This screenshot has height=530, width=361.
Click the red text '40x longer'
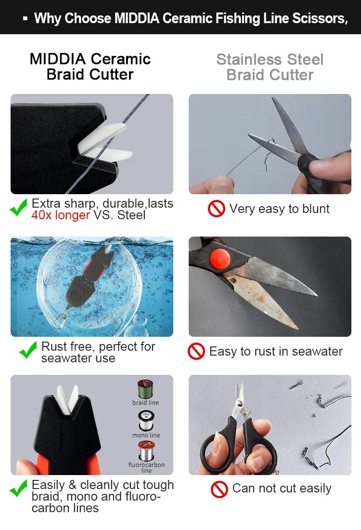point(61,215)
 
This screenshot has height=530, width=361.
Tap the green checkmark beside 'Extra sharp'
point(19,209)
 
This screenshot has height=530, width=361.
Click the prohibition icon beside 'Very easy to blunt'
point(217,209)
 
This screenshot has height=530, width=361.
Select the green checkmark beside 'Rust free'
point(28,350)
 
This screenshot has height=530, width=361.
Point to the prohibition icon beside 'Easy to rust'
point(196,352)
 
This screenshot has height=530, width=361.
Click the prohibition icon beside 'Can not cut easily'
point(219,489)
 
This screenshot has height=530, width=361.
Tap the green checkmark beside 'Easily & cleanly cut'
point(19,489)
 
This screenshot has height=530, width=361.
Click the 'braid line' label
point(145,403)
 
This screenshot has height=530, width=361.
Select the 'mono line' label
point(146,436)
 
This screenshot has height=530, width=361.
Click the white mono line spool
point(145,420)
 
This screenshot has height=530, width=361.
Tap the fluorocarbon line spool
point(146,451)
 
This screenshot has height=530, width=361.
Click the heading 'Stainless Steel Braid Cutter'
point(270,67)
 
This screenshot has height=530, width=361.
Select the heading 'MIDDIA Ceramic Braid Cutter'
point(90,66)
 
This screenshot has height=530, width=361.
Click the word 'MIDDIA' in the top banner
point(137,19)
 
